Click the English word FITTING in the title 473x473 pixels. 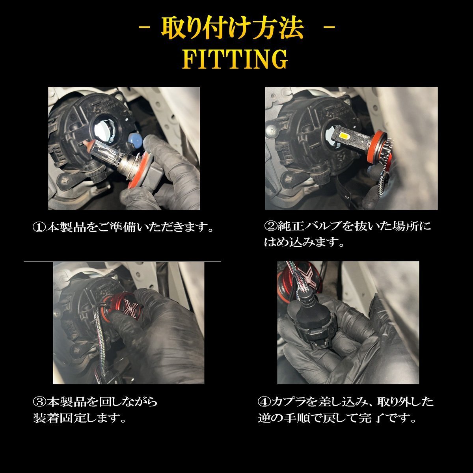235,59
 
